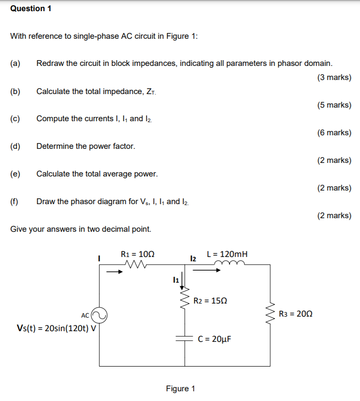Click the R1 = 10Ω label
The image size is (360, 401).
(138, 254)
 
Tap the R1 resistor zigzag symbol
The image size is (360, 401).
(136, 265)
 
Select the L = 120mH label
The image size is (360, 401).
(227, 254)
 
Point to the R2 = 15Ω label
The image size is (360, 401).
(210, 301)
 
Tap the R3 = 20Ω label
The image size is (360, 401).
(296, 314)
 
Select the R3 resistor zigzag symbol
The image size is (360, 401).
(270, 314)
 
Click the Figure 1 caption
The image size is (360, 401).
(180, 389)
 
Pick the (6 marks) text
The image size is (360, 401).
(334, 132)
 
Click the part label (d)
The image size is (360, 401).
(16, 146)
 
